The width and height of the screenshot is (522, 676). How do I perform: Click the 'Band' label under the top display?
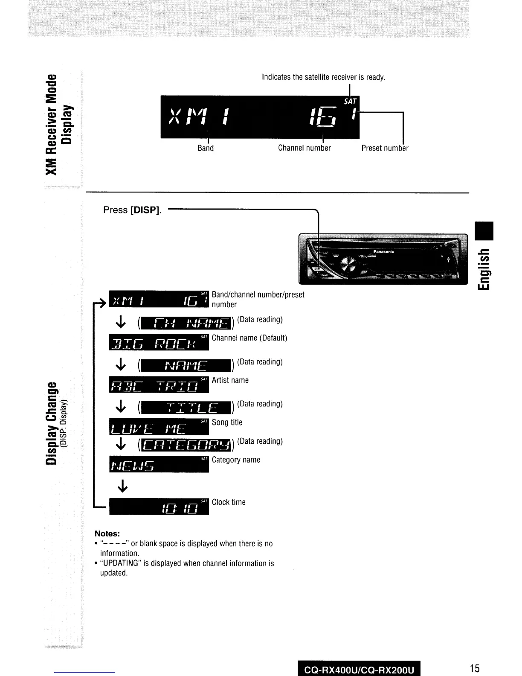click(206, 148)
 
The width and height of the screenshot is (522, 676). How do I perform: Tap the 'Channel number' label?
click(304, 148)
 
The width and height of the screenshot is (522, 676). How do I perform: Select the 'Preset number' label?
click(385, 148)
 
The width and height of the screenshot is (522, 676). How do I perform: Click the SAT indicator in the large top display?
click(350, 102)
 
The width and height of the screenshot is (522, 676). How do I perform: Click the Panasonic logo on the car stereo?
click(383, 252)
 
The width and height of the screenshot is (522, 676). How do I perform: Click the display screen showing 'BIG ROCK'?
click(159, 342)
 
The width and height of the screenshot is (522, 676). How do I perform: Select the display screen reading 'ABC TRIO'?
click(159, 384)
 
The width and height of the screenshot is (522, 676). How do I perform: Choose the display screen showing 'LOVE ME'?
click(159, 426)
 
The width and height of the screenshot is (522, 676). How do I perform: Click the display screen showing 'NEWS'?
click(159, 464)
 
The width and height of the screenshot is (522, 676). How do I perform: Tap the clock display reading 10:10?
click(159, 506)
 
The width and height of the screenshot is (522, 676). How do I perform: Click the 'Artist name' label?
click(230, 380)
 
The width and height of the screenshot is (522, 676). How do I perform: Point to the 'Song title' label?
click(227, 422)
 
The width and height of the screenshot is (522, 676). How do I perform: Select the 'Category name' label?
click(236, 460)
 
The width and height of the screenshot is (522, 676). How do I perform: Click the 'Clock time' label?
click(229, 502)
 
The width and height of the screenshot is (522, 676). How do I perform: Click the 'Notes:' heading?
click(107, 534)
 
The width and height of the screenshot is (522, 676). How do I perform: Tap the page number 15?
click(475, 668)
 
